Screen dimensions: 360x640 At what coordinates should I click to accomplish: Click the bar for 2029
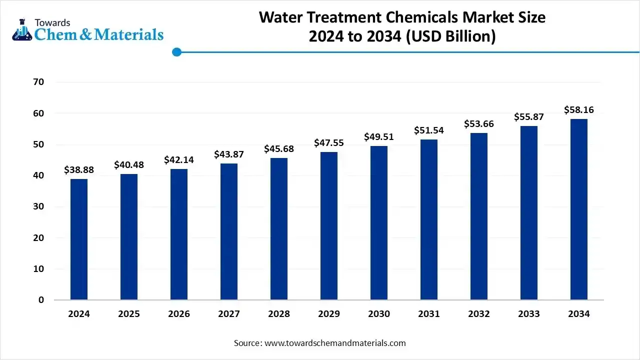[x=329, y=225]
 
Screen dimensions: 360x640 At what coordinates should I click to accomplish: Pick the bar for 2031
[x=429, y=219]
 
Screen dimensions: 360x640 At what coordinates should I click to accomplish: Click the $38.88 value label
[x=79, y=170]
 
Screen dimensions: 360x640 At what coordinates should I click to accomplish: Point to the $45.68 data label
[x=279, y=149]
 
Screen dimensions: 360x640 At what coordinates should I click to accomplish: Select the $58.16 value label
[x=579, y=110]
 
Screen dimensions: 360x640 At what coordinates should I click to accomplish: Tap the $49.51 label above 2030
[x=379, y=137]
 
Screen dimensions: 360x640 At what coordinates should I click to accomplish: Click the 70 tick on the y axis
[x=38, y=82]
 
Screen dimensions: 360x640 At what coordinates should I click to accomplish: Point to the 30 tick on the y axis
[x=38, y=206]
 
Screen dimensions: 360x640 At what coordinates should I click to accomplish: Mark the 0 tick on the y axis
[x=41, y=300]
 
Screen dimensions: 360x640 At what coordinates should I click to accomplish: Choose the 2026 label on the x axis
[x=179, y=314]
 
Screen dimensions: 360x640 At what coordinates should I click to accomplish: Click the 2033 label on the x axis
[x=529, y=314]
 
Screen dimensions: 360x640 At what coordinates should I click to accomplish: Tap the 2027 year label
[x=229, y=314]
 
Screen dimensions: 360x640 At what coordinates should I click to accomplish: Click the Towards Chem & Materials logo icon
[x=21, y=30]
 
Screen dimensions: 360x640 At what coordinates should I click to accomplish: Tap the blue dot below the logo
[x=176, y=52]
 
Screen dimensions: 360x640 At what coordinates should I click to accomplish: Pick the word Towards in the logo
[x=52, y=22]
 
